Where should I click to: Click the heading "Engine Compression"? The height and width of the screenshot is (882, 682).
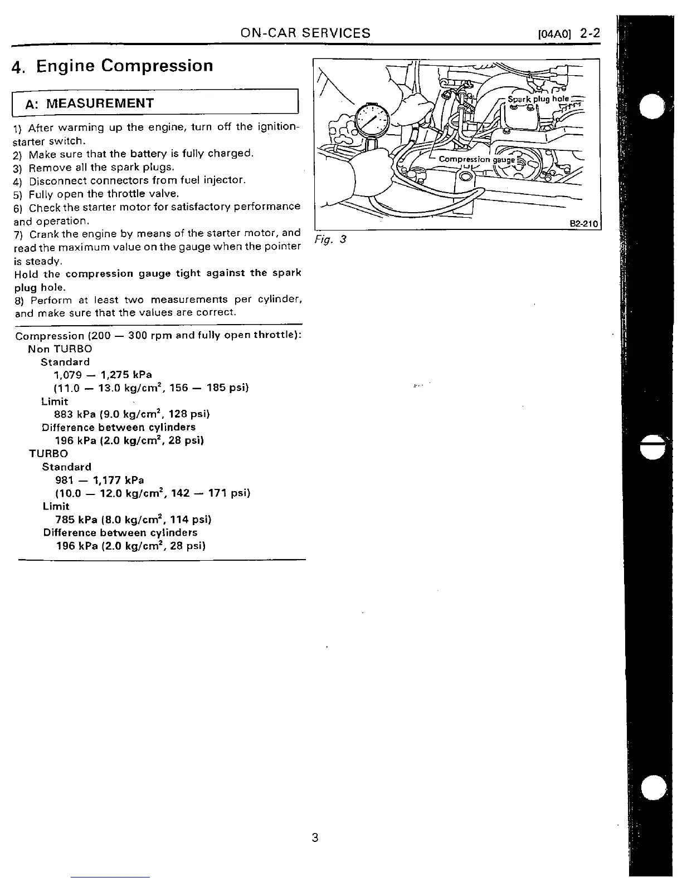pos(124,66)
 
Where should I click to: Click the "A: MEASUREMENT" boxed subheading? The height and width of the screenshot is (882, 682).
pos(100,103)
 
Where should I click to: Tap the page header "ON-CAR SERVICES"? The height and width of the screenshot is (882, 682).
pos(305,32)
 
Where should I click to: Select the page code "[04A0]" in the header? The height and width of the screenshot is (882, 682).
pos(554,34)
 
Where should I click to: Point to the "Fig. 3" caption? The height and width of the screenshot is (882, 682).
pos(330,239)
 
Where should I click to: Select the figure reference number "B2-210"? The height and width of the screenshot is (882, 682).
pos(583,224)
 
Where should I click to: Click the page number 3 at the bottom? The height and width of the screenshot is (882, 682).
pos(315,837)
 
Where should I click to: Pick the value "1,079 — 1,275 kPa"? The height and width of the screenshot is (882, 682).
pos(103,375)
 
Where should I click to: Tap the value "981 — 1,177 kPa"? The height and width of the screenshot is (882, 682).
pos(100,480)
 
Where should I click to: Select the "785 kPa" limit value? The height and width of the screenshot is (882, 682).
pos(77,520)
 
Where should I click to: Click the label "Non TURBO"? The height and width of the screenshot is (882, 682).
pos(60,349)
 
